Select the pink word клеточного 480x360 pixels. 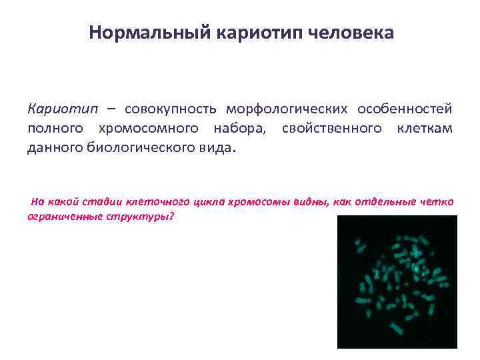tap(157, 202)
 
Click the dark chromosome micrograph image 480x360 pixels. tap(397, 282)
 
